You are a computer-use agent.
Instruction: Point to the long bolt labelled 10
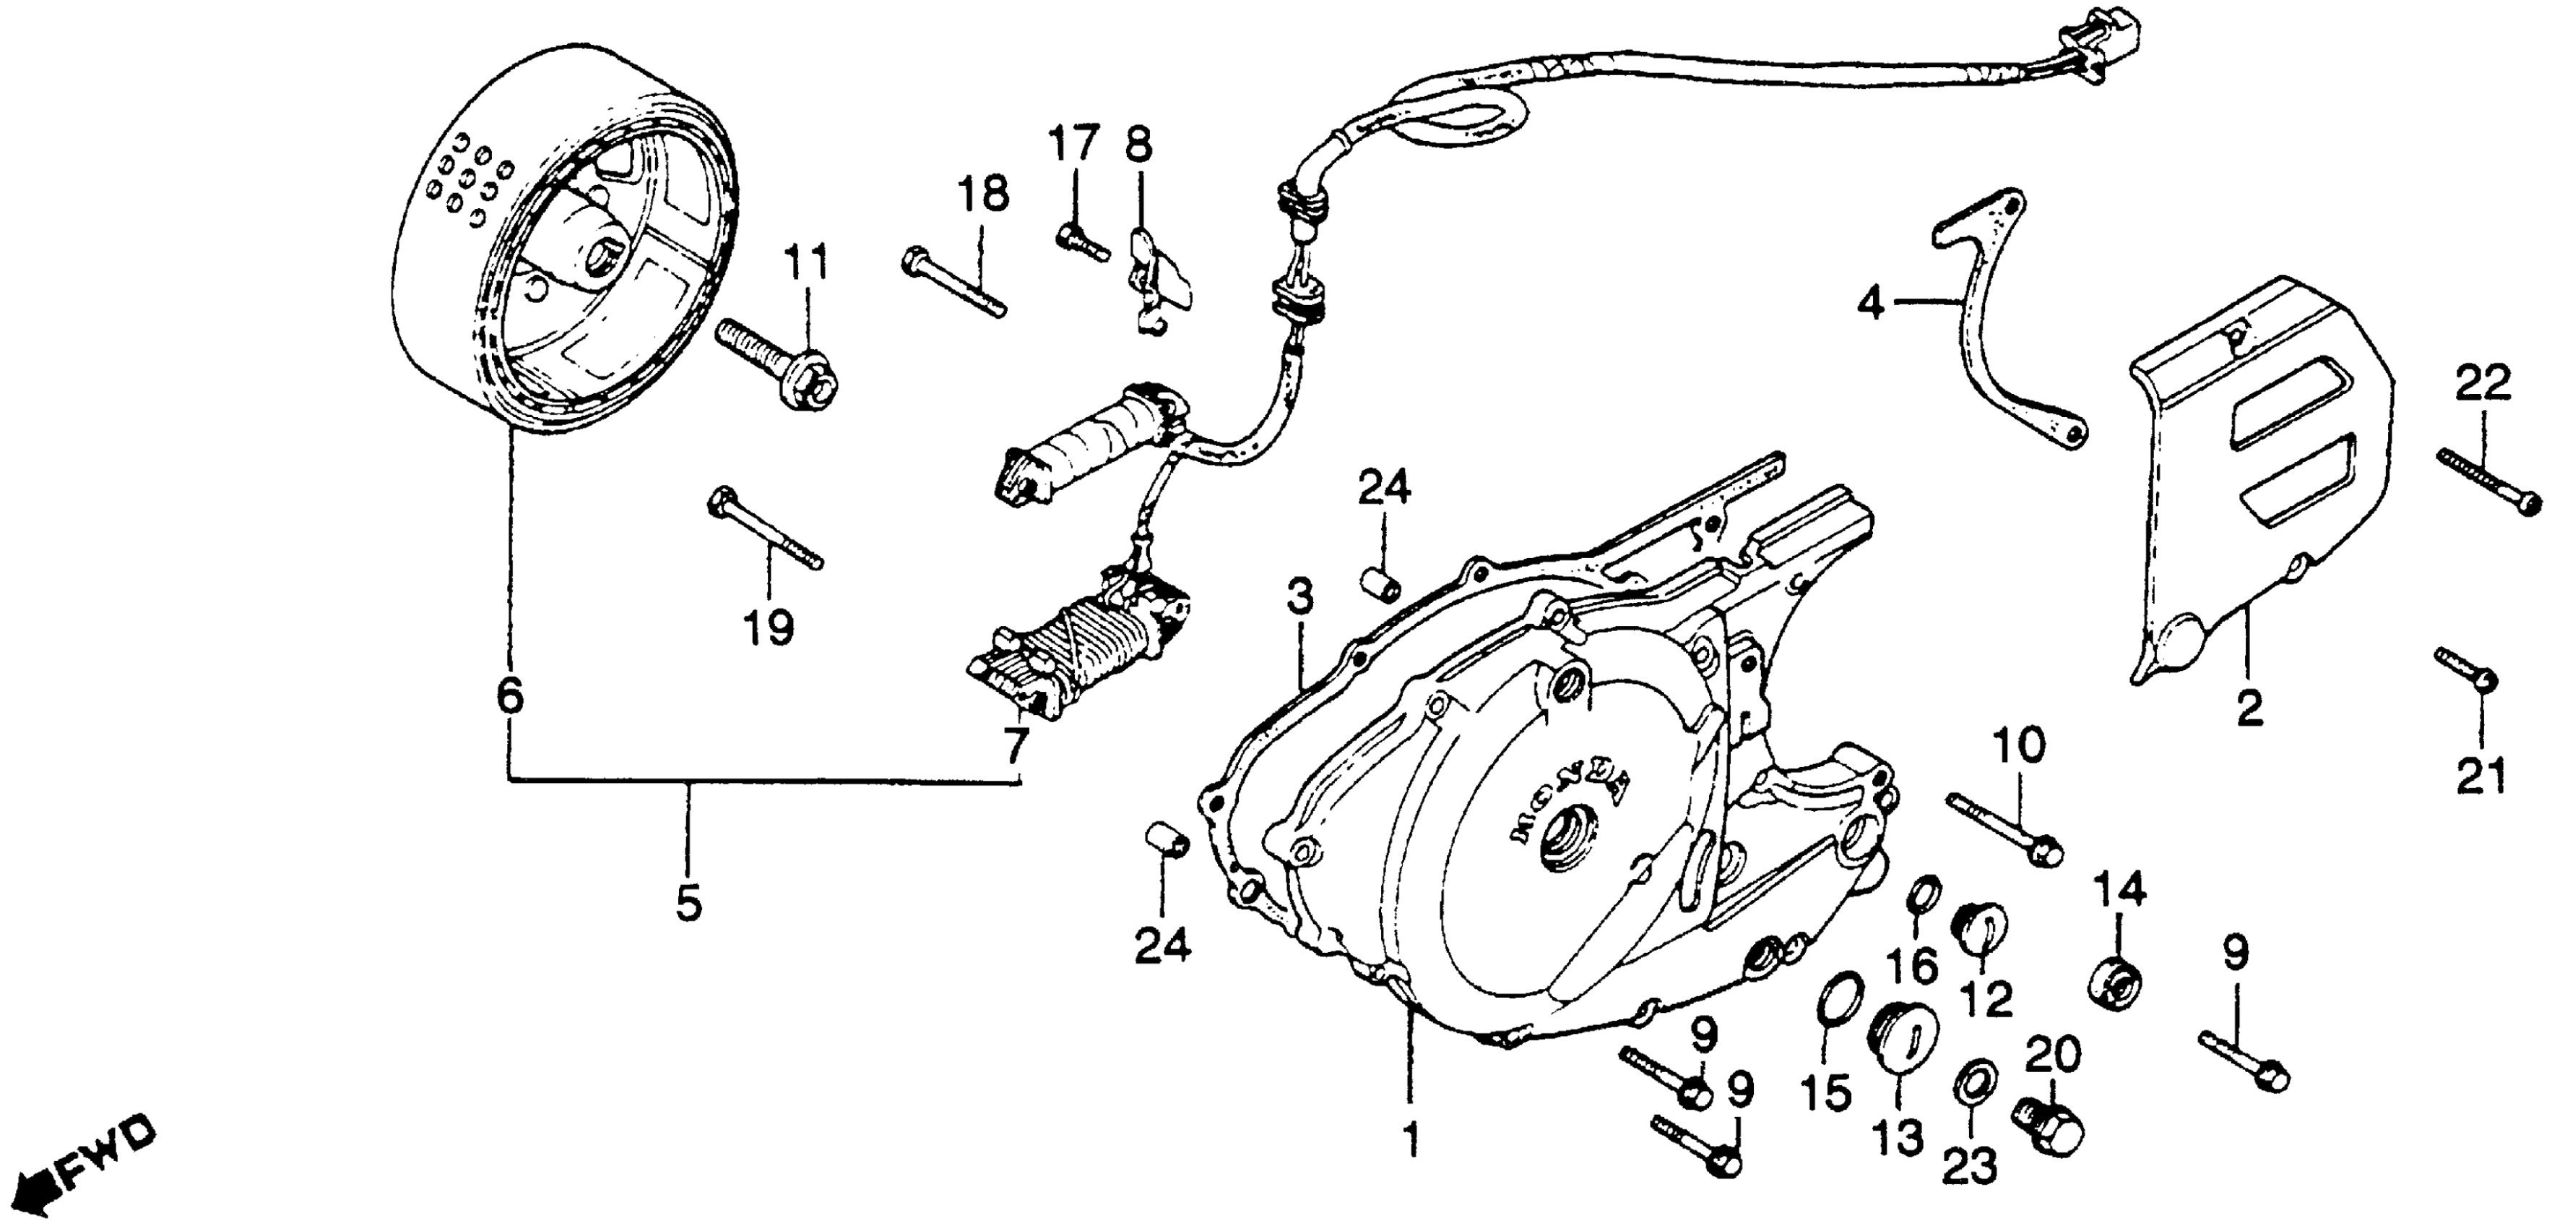coord(2001,831)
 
